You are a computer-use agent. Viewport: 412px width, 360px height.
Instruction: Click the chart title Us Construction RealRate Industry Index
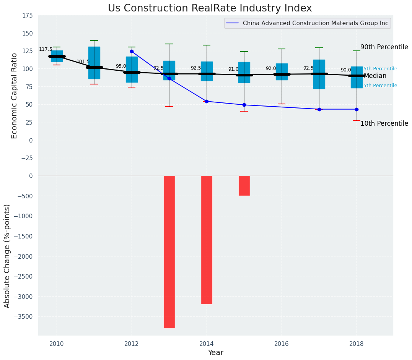coord(210,8)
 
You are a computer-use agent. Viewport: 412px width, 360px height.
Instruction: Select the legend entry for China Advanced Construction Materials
coord(315,23)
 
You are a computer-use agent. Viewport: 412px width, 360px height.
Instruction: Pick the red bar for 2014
coord(207,240)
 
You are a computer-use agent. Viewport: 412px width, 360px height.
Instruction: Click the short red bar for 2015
coord(244,186)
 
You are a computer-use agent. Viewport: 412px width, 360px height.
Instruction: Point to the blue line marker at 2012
coord(132,51)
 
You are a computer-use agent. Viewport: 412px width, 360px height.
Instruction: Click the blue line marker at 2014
coord(207,101)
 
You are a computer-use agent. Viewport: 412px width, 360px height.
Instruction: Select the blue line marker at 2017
coord(319,109)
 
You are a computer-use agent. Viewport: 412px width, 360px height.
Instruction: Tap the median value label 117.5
coord(46,50)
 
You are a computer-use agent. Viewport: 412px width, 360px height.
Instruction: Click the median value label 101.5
coord(83,62)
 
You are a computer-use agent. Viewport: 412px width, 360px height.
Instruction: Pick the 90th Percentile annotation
coord(384,47)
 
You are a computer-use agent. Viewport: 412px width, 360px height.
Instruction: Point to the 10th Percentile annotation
coord(384,123)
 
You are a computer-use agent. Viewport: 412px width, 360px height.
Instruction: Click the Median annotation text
coord(375,76)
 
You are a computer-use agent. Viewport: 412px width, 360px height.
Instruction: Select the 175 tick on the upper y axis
coord(27,16)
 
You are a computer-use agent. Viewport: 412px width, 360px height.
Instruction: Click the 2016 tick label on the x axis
coord(282,344)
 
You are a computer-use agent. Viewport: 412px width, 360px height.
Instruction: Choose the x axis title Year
coord(215,352)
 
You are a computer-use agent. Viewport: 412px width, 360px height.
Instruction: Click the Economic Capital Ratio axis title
coord(15,96)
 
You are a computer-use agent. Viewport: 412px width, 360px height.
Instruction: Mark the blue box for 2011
coord(94,63)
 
